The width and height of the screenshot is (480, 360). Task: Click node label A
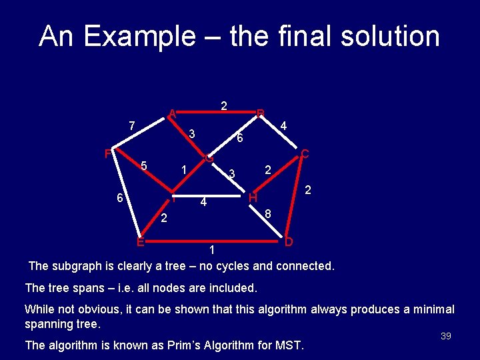(x=172, y=113)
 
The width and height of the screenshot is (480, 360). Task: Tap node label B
(x=261, y=113)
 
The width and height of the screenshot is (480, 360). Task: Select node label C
(x=305, y=154)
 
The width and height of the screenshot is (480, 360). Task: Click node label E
(x=140, y=241)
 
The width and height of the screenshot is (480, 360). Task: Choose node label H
(x=253, y=198)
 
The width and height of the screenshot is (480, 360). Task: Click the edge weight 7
(x=132, y=125)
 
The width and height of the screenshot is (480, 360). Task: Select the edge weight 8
(x=267, y=214)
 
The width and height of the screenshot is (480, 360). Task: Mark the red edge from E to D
(x=213, y=238)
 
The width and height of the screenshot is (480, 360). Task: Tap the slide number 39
(x=446, y=336)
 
